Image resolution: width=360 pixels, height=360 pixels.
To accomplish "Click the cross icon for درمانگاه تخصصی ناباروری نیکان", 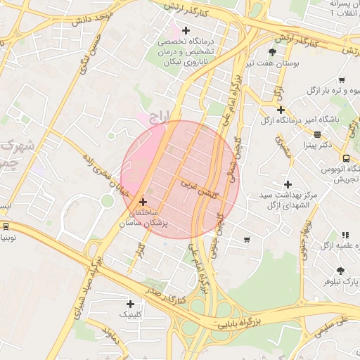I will point(186,30).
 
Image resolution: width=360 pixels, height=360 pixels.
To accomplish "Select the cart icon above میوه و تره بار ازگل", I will point(342,80).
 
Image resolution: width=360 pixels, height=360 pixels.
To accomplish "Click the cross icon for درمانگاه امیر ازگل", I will point(281,110).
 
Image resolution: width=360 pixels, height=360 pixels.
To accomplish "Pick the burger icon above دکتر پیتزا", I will point(317,134).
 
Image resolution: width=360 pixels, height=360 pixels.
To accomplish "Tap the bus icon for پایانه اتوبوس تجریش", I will point(346,158).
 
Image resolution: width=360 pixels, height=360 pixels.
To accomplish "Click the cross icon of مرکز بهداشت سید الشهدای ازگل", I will point(288,184).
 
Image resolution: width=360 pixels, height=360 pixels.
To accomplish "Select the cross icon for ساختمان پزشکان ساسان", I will point(143,201).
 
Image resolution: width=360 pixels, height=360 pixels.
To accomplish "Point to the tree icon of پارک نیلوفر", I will point(341,271).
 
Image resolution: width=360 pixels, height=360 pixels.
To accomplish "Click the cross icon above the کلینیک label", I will point(130,304).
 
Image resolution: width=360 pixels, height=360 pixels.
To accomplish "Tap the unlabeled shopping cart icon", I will point(246,240).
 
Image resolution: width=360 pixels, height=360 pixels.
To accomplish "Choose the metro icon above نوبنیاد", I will point(6,226).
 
